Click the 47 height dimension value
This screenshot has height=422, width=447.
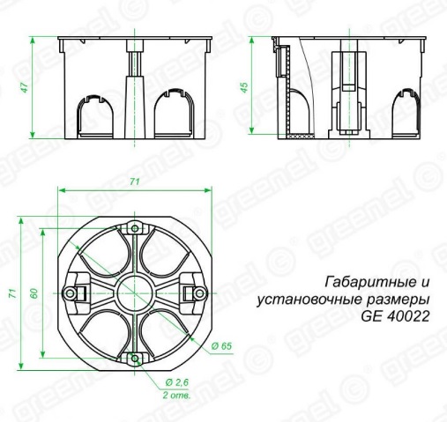click(26, 86)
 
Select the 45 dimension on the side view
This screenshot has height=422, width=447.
click(244, 86)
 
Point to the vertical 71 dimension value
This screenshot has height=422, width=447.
click(12, 292)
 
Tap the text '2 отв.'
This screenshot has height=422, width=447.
click(179, 396)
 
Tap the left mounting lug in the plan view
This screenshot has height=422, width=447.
click(71, 292)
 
